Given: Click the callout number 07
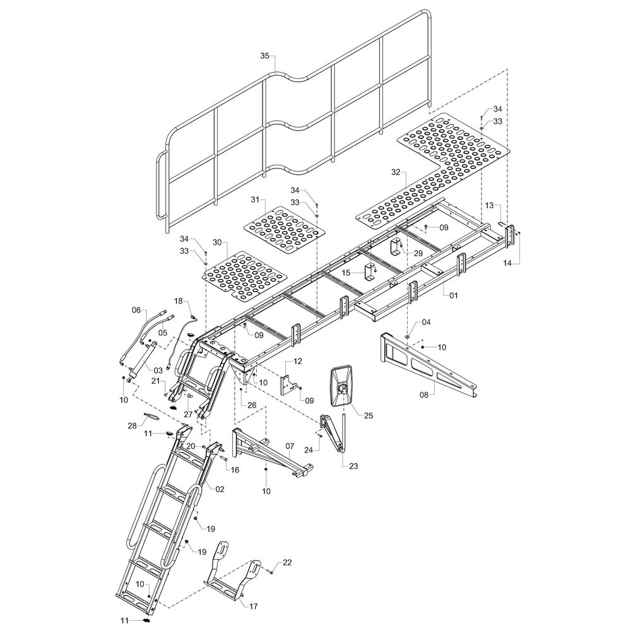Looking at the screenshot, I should coord(290,446).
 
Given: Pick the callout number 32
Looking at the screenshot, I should coord(396,172).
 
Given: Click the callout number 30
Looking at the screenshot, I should coord(217,242).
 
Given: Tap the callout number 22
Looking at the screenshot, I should coord(287,562).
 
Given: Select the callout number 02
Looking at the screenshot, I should coord(220,489).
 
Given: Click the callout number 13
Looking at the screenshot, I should coord(490,206).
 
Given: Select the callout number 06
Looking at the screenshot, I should coord(136,310).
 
